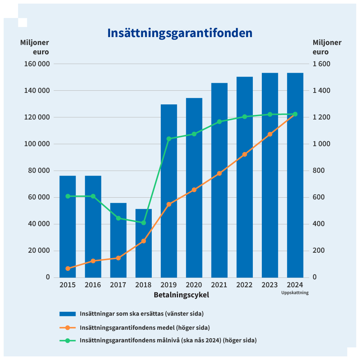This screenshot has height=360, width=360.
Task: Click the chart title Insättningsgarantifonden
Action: click(180, 33)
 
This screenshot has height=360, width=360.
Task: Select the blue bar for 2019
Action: click(169, 191)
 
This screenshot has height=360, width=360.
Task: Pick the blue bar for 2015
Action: click(68, 227)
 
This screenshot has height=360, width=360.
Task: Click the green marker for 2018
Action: click(143, 223)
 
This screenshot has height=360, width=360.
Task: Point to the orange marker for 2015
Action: click(68, 269)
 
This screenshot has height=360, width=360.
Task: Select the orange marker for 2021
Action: click(219, 174)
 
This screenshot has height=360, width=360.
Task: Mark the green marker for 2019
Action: click(169, 139)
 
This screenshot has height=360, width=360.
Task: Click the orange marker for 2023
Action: click(270, 134)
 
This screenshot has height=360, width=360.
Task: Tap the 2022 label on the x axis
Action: click(245, 285)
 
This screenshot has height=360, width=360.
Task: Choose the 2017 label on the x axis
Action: click(118, 285)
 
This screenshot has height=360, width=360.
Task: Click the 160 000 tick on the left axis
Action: click(36, 64)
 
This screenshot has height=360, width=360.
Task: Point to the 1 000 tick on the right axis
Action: click(321, 144)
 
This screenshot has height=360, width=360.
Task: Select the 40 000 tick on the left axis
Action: click(37, 224)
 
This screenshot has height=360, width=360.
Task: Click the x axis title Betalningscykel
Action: click(181, 295)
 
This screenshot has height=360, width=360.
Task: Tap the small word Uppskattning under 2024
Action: click(295, 293)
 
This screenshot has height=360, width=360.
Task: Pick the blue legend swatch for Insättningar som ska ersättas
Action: click(68, 314)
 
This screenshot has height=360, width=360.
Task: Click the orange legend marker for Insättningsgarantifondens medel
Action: click(68, 328)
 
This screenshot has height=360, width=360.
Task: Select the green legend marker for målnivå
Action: click(68, 340)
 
